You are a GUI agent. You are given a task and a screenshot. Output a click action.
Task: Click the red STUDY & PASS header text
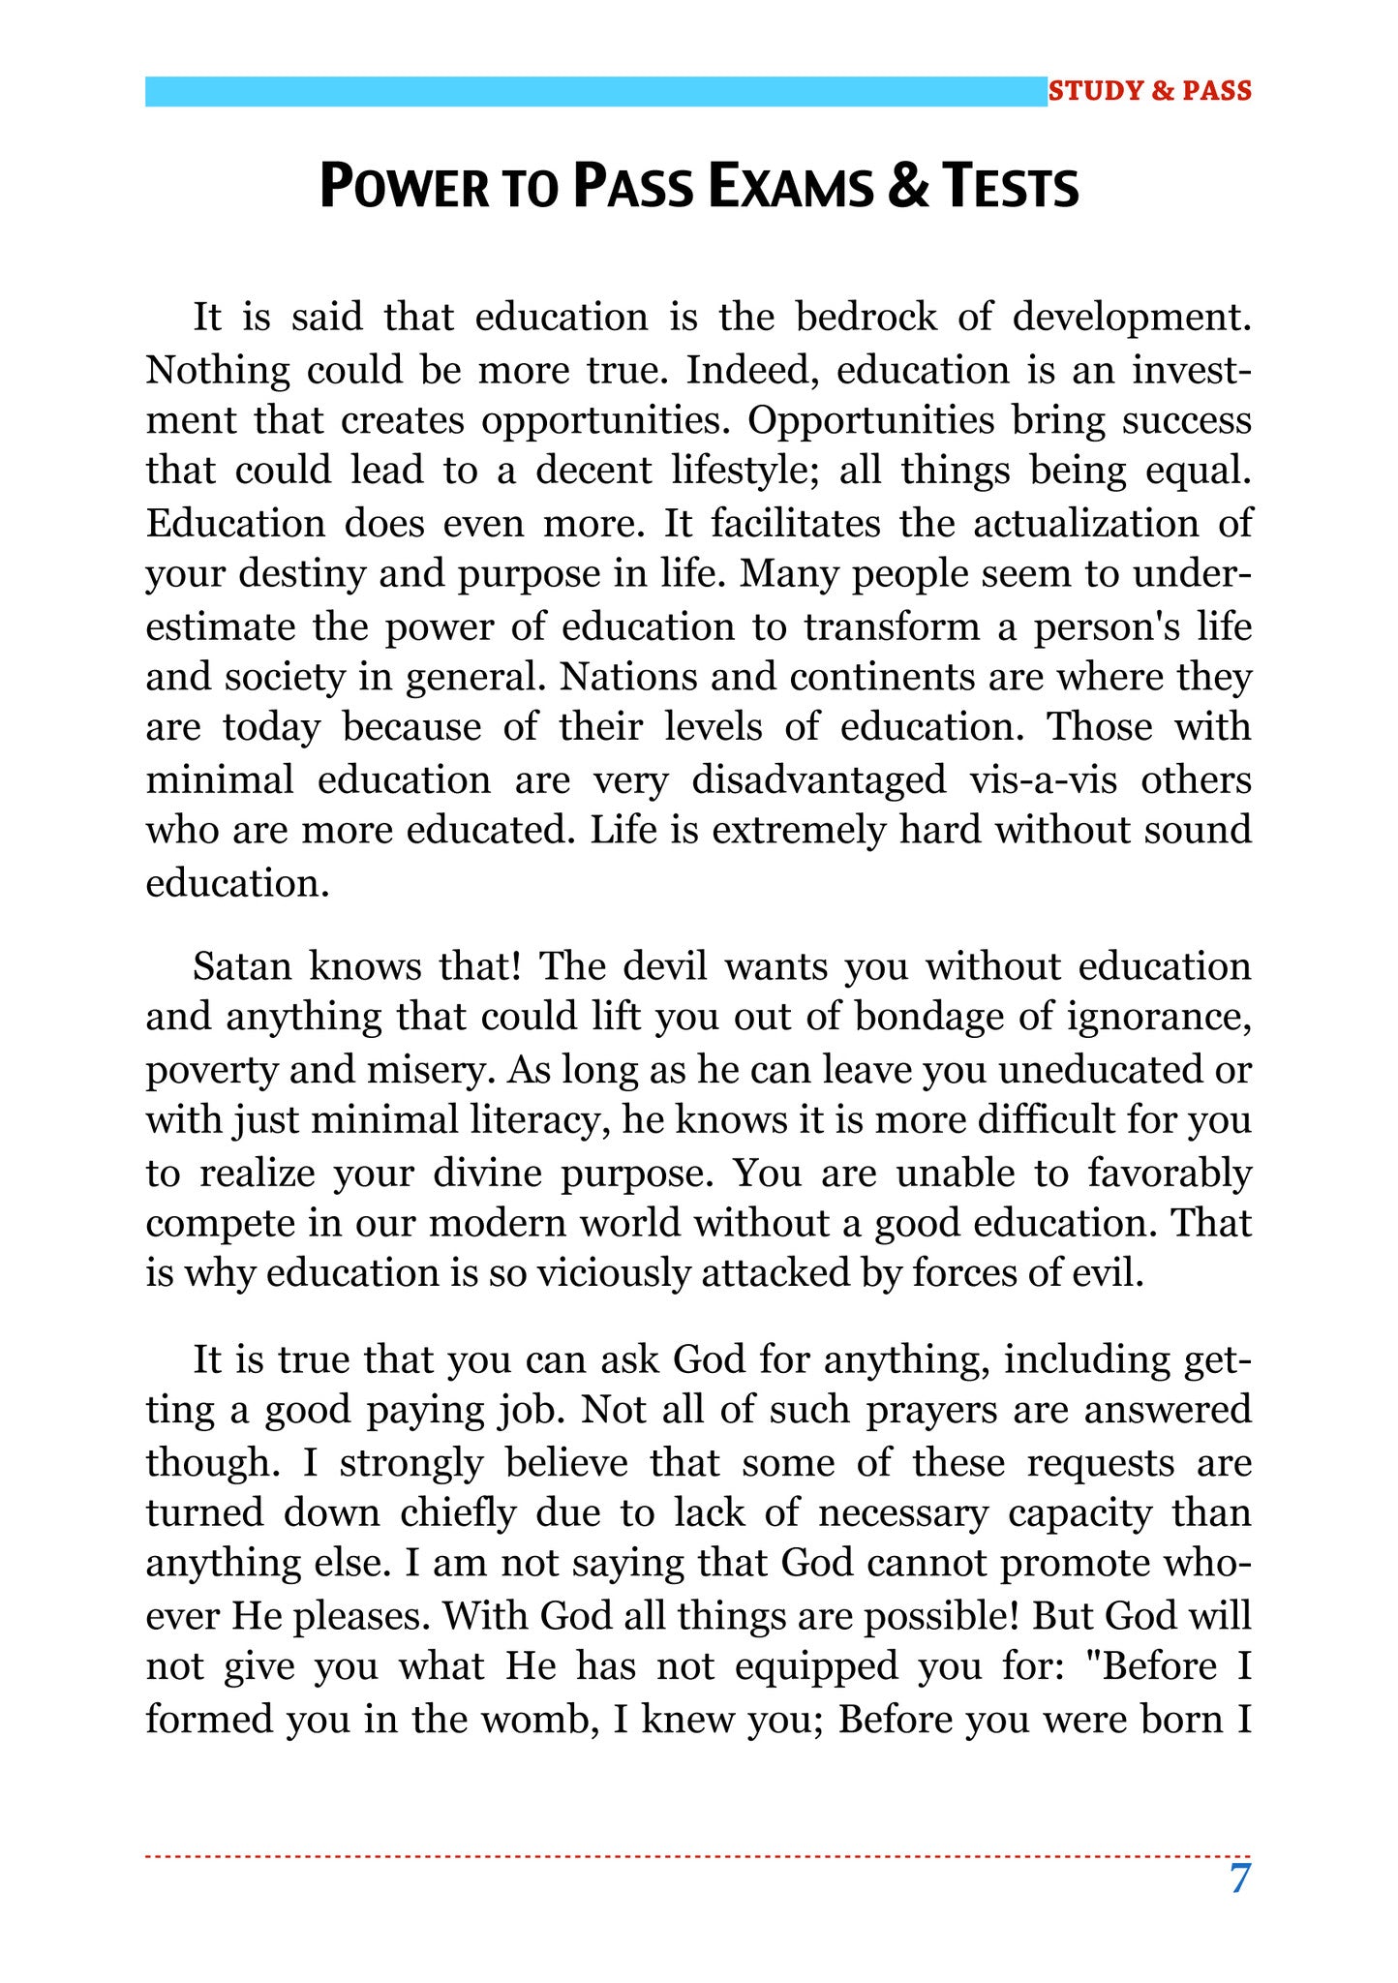point(1149,91)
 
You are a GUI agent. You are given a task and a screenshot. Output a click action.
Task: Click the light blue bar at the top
point(595,91)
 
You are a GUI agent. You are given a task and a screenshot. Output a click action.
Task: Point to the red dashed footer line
point(697,1856)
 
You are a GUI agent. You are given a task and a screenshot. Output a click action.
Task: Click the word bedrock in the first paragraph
point(866,318)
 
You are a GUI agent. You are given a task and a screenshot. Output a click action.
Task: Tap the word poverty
point(206,1071)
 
